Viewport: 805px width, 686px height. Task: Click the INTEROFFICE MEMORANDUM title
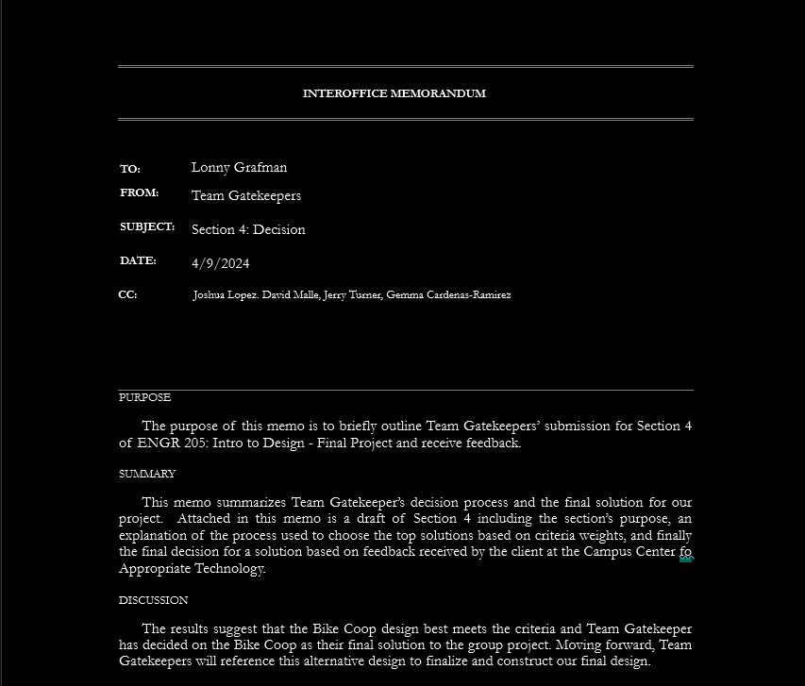394,93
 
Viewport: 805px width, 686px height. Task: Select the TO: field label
130,169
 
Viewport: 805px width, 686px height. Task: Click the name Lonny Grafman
239,167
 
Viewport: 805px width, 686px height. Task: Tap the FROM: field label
139,192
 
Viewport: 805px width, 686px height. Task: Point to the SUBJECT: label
147,226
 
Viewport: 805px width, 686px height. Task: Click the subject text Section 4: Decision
248,229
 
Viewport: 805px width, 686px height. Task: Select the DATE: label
138,260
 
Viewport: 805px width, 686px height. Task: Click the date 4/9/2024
220,263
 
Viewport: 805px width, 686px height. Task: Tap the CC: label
127,294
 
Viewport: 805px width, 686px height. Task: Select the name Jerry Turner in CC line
352,295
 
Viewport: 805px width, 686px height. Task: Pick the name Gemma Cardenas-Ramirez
448,295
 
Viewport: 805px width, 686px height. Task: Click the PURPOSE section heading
144,397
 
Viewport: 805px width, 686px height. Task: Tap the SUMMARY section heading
147,474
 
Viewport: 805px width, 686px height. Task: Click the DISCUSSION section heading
153,600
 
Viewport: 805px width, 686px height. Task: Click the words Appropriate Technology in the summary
192,569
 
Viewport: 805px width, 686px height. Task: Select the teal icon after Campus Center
686,559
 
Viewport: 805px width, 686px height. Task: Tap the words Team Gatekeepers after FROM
246,195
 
